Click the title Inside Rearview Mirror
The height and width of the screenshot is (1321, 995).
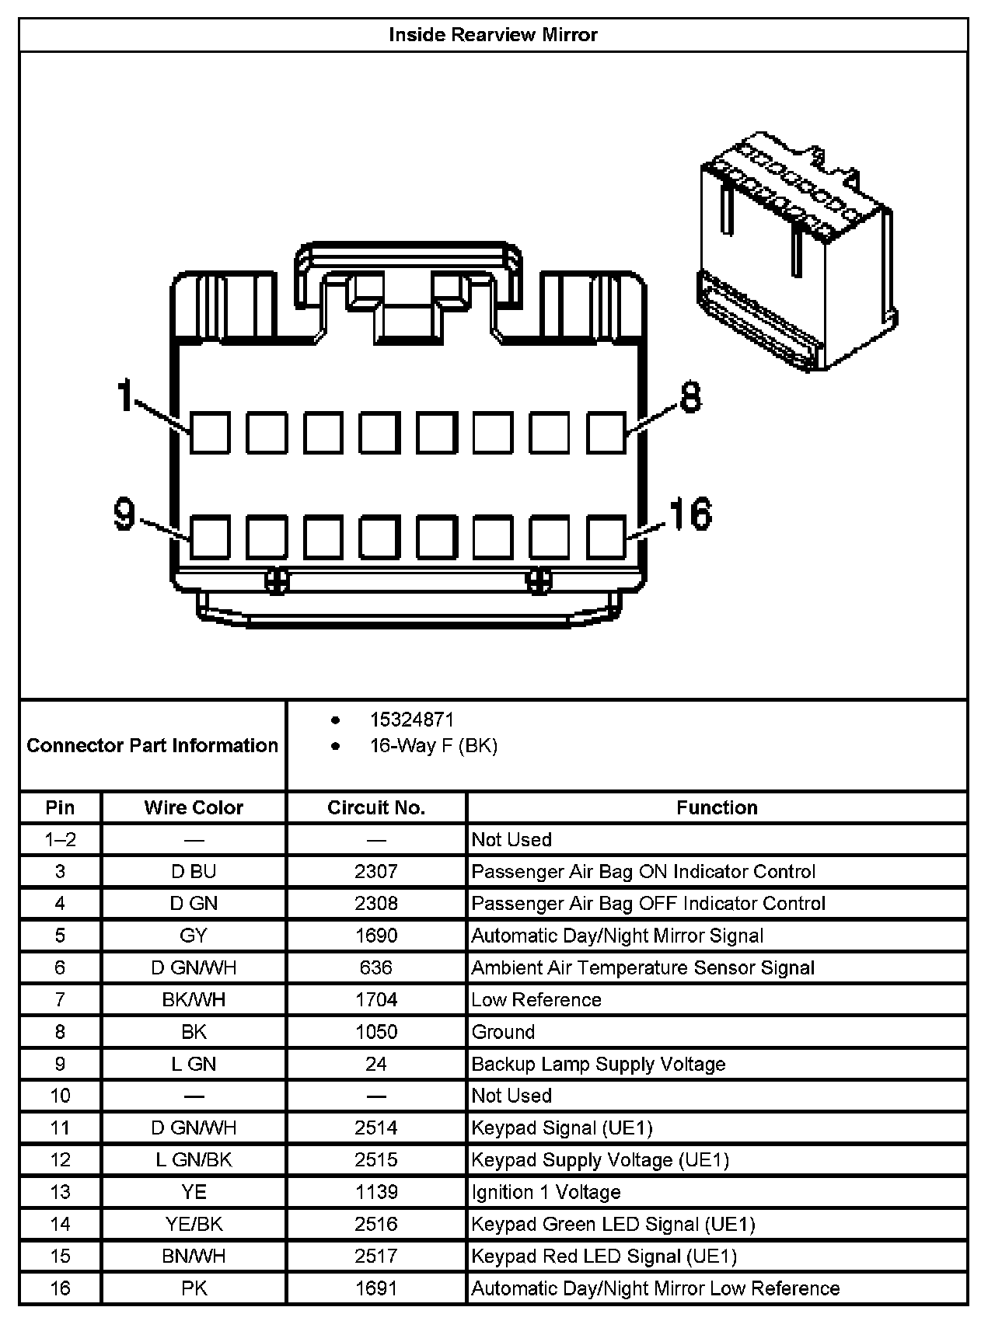(x=493, y=35)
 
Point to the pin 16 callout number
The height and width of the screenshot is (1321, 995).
(x=690, y=514)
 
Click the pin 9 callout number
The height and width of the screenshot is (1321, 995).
(x=124, y=514)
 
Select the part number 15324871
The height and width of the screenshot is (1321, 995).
(x=411, y=720)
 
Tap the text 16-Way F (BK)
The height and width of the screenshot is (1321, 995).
(x=433, y=746)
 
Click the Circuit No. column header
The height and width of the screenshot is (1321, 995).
(x=376, y=807)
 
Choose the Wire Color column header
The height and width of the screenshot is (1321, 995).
(x=194, y=807)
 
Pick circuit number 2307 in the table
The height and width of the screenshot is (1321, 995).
(x=376, y=871)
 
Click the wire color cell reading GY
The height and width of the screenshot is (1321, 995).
(x=194, y=936)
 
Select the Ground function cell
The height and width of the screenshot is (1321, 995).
(x=504, y=1032)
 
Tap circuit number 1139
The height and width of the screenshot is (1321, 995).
(x=376, y=1192)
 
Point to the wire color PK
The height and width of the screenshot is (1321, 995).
(x=194, y=1288)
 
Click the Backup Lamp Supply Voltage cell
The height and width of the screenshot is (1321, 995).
(x=599, y=1064)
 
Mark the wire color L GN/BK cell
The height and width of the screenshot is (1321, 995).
(x=194, y=1160)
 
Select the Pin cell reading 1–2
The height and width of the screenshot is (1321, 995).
(x=60, y=839)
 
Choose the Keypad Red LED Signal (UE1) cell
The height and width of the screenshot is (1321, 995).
(x=604, y=1257)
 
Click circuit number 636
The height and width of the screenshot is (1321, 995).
(x=376, y=967)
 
